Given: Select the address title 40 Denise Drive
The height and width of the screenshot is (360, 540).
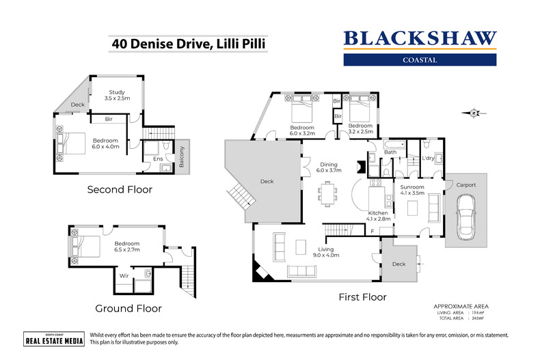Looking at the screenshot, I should click(x=188, y=44).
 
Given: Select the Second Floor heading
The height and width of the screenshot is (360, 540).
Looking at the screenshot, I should click(x=120, y=189).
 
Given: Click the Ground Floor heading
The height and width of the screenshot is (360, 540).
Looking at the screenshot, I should click(x=129, y=309).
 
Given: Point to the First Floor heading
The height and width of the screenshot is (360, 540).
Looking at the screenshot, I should click(x=362, y=297).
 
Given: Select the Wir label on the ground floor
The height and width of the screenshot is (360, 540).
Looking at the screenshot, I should click(x=125, y=275).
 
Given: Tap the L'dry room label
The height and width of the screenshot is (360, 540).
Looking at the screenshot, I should click(x=429, y=158).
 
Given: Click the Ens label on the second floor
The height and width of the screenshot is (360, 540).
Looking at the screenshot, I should click(x=157, y=159).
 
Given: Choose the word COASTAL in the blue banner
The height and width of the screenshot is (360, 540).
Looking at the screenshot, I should click(x=419, y=59).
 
